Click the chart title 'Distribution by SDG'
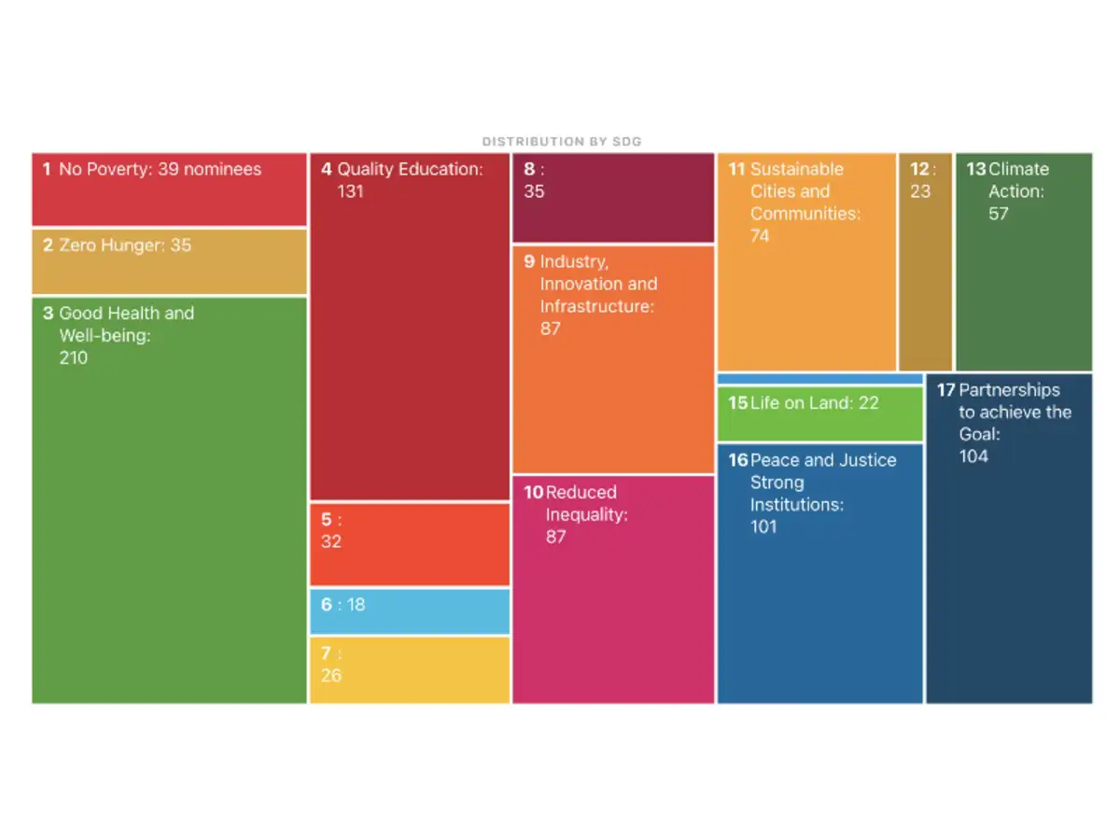(561, 142)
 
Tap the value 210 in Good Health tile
(74, 357)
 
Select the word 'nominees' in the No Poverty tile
(223, 169)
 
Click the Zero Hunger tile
(169, 261)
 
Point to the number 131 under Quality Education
(350, 191)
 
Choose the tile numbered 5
(410, 545)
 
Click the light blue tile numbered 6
(410, 611)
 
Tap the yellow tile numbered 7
(410, 669)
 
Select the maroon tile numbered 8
(613, 198)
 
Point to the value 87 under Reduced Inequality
(556, 537)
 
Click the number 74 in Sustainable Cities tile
(761, 236)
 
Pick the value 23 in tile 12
(920, 191)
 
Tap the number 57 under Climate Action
(999, 214)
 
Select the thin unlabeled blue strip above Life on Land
(819, 379)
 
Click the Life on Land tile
(819, 414)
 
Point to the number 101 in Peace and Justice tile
(763, 526)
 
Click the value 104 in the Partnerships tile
(973, 456)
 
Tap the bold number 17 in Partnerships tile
(945, 390)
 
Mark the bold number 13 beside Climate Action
(975, 169)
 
